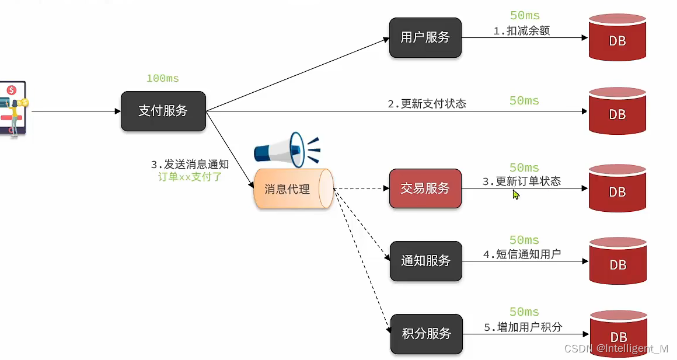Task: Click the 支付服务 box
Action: coord(163,111)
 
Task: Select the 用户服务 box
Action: coord(425,38)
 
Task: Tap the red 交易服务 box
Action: coord(425,188)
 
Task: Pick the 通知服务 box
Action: coord(425,261)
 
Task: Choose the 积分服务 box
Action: coord(426,334)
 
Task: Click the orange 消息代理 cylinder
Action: coord(292,189)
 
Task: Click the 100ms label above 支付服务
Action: coord(163,78)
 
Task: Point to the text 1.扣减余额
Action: coord(521,31)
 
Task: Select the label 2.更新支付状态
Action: coord(427,104)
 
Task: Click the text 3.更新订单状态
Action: coord(521,181)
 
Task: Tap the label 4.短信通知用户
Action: coord(522,254)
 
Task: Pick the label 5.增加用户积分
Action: coord(522,327)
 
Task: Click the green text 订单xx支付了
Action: coord(190,177)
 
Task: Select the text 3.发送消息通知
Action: coord(190,165)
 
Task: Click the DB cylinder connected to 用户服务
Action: coord(617,38)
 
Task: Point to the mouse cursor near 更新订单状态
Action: coord(515,194)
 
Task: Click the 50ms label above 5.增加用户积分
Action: coord(524,312)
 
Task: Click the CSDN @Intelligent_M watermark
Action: coord(616,348)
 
